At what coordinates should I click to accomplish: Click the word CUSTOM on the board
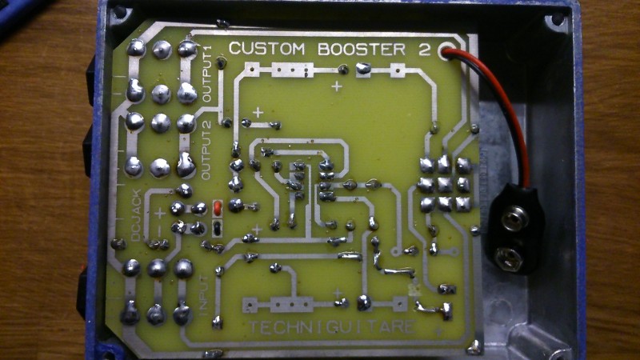[266, 50]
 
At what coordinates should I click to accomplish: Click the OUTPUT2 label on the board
[206, 148]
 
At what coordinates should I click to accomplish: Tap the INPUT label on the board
[203, 293]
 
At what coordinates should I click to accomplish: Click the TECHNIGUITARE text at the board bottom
[331, 328]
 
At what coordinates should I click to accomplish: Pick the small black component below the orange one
[218, 229]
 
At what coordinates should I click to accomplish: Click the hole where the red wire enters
[445, 50]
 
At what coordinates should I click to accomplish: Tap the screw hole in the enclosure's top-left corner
[120, 13]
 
